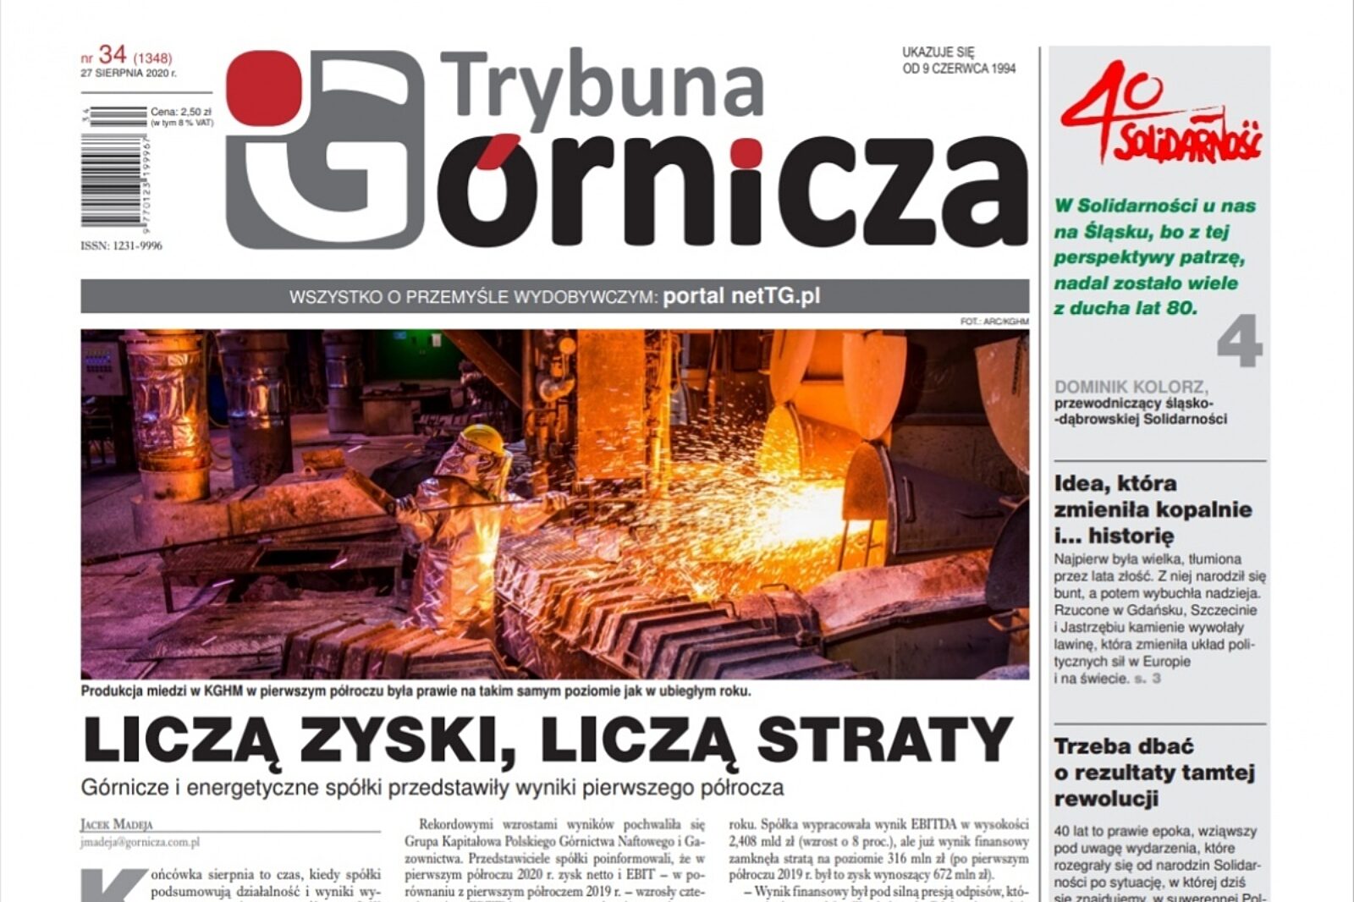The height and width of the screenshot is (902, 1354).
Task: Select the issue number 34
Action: tap(113, 56)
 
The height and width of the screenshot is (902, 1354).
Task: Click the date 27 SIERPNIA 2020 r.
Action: tap(129, 74)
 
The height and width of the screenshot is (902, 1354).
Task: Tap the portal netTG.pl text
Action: tap(741, 296)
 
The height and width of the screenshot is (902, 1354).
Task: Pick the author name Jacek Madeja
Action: tap(117, 824)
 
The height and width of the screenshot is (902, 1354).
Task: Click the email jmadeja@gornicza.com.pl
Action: tap(140, 842)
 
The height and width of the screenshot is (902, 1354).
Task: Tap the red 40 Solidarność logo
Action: tap(1159, 114)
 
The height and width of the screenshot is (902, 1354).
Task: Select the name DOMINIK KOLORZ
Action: tap(1131, 387)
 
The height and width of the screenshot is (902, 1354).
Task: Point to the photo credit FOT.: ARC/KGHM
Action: tap(994, 322)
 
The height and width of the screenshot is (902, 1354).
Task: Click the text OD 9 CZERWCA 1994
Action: tap(959, 69)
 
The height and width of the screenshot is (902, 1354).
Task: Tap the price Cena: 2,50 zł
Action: tap(180, 112)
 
